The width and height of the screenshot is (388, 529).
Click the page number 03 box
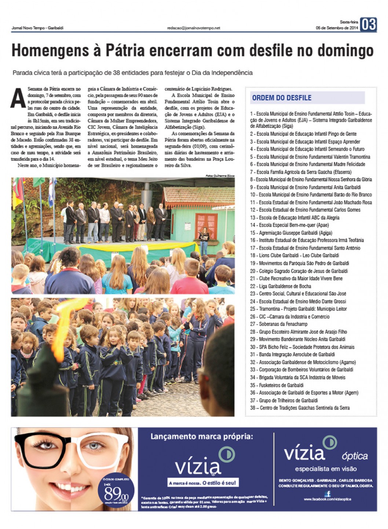pos(368,25)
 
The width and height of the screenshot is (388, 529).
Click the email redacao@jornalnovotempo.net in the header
pos(193,27)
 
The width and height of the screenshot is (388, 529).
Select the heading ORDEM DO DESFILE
pos(282,98)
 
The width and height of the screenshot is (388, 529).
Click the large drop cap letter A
pos(18,98)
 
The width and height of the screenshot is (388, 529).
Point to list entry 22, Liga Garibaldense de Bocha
pos(281,286)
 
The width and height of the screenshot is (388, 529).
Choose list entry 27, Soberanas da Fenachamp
pos(279,324)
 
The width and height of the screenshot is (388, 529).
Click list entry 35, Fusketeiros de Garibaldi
pos(277,385)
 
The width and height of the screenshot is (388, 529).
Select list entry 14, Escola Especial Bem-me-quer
pos(289,225)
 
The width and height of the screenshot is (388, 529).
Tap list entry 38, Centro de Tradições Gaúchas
pos(300,408)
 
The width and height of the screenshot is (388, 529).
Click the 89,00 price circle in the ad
pos(116,492)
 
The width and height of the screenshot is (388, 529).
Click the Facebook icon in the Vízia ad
pos(327,494)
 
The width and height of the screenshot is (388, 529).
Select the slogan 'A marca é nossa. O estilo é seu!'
pos(202,483)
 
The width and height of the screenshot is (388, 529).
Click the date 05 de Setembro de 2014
pos(337,28)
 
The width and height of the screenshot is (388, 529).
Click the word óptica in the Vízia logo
pos(354,456)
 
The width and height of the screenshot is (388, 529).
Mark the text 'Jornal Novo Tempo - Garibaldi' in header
pos(37,28)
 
